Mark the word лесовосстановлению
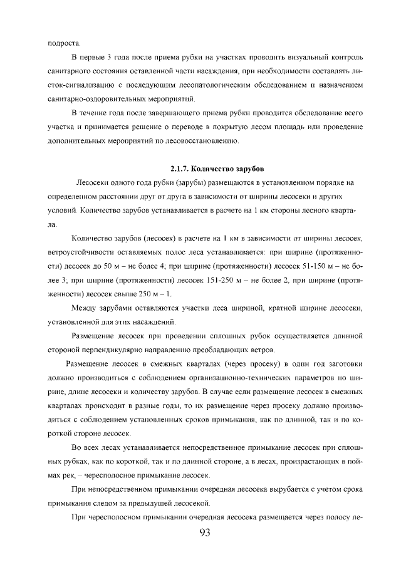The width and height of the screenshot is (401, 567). click(x=201, y=141)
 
